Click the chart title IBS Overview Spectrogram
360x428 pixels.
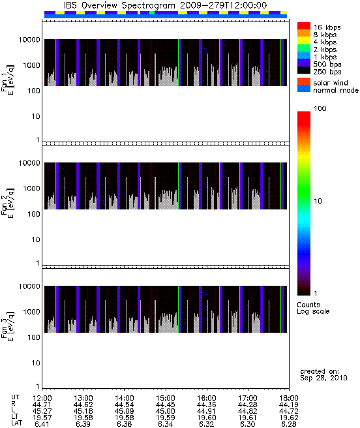pyautogui.click(x=119, y=5)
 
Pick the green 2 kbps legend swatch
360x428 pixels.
pyautogui.click(x=304, y=48)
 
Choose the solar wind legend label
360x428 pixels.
pyautogui.click(x=331, y=83)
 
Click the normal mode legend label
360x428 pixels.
pyautogui.click(x=336, y=90)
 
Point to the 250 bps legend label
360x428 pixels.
pyautogui.click(x=327, y=72)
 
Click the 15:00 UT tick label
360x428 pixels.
pyautogui.click(x=166, y=398)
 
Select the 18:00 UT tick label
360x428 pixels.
pyautogui.click(x=289, y=398)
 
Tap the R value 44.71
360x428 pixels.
pyautogui.click(x=42, y=405)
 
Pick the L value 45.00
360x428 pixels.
pyautogui.click(x=166, y=411)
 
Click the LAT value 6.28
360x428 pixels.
pyautogui.click(x=289, y=424)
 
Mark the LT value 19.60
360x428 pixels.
pyautogui.click(x=206, y=418)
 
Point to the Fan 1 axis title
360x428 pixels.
pyautogui.click(x=7, y=80)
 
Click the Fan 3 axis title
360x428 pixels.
pyautogui.click(x=7, y=326)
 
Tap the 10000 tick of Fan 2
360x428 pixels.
pyautogui.click(x=29, y=163)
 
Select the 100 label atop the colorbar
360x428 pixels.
pyautogui.click(x=320, y=108)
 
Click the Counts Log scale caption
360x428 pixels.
pyautogui.click(x=313, y=308)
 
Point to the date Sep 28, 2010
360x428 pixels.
pyautogui.click(x=323, y=378)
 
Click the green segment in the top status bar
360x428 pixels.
pyautogui.click(x=152, y=12)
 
